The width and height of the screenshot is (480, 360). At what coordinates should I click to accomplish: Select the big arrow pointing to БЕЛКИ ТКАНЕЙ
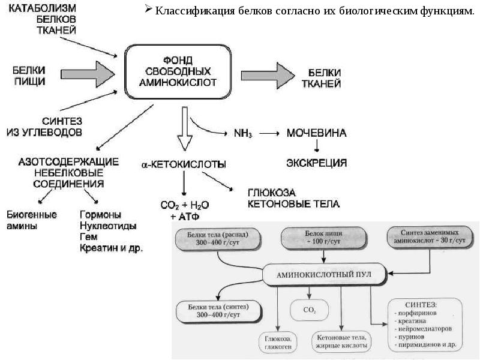pos(267,75)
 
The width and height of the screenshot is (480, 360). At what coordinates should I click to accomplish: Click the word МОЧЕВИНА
pos(316,133)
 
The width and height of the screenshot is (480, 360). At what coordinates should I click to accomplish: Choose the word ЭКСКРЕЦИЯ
pos(316,162)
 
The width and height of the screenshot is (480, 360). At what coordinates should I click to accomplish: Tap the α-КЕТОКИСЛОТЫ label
pos(184,163)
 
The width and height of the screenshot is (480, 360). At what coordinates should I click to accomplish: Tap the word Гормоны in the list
pos(101,214)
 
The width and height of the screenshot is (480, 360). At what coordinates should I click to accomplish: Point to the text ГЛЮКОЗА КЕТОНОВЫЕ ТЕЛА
pos(293,199)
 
